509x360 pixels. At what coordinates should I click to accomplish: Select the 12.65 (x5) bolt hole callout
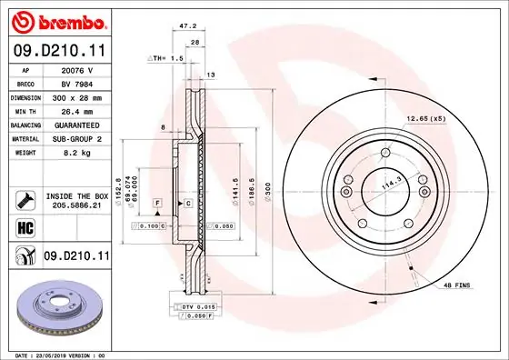[427, 118]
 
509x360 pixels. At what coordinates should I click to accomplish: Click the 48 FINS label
[456, 285]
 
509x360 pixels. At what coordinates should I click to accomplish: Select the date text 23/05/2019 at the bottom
[53, 355]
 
